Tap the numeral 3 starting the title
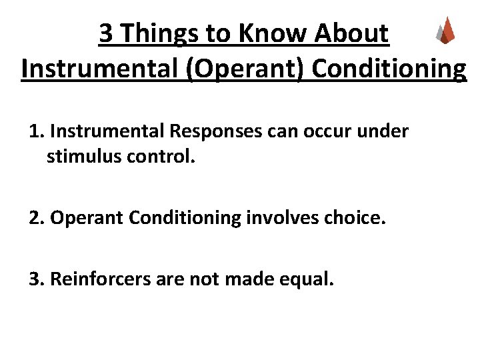pyautogui.click(x=106, y=33)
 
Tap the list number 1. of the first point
pyautogui.click(x=37, y=132)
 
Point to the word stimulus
pyautogui.click(x=79, y=157)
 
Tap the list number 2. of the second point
pyautogui.click(x=37, y=218)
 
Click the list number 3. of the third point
pyautogui.click(x=37, y=278)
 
